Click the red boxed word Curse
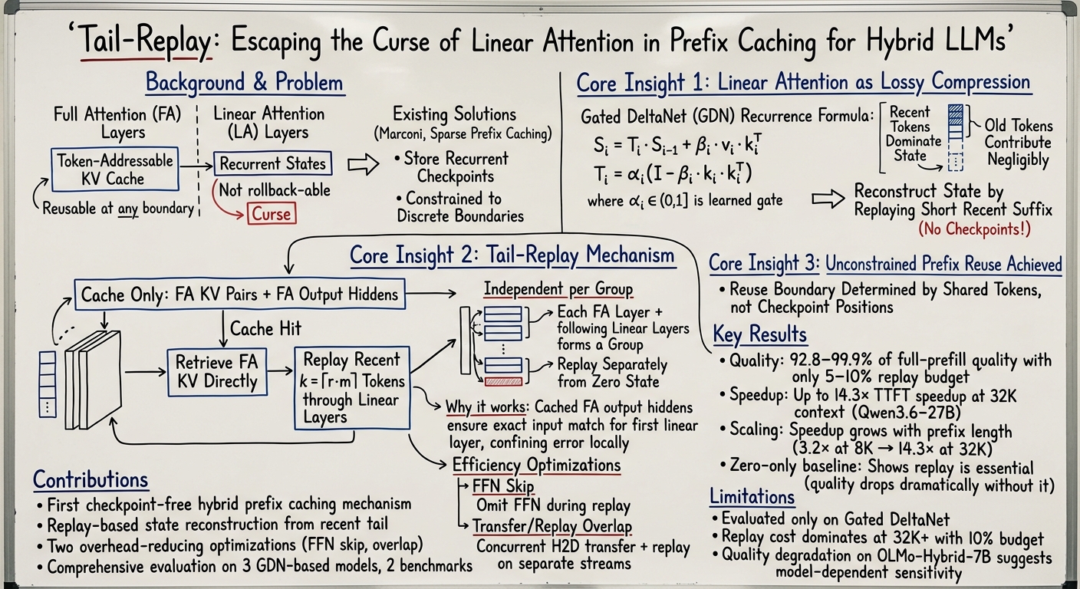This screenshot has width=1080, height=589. point(272,213)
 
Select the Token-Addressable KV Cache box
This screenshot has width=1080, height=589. point(115,169)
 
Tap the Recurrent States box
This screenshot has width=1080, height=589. point(272,163)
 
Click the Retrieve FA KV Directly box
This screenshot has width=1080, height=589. point(217,372)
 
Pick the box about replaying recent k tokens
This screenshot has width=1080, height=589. point(352,388)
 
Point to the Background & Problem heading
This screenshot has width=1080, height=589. point(245,82)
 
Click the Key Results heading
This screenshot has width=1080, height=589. point(760,334)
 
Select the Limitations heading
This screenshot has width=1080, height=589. point(752,496)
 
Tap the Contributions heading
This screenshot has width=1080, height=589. point(91,480)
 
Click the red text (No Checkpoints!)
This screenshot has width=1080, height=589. point(974,229)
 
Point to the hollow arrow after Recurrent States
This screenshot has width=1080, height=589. point(363,165)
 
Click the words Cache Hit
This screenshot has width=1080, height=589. point(265,329)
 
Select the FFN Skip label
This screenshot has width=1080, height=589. point(503,486)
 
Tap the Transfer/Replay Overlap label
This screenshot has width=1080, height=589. point(552,526)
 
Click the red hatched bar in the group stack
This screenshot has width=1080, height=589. point(503,382)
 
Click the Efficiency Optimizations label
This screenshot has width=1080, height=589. point(536,465)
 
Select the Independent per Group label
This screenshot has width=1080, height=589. point(558,288)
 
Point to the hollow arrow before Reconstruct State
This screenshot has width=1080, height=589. point(828,199)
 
